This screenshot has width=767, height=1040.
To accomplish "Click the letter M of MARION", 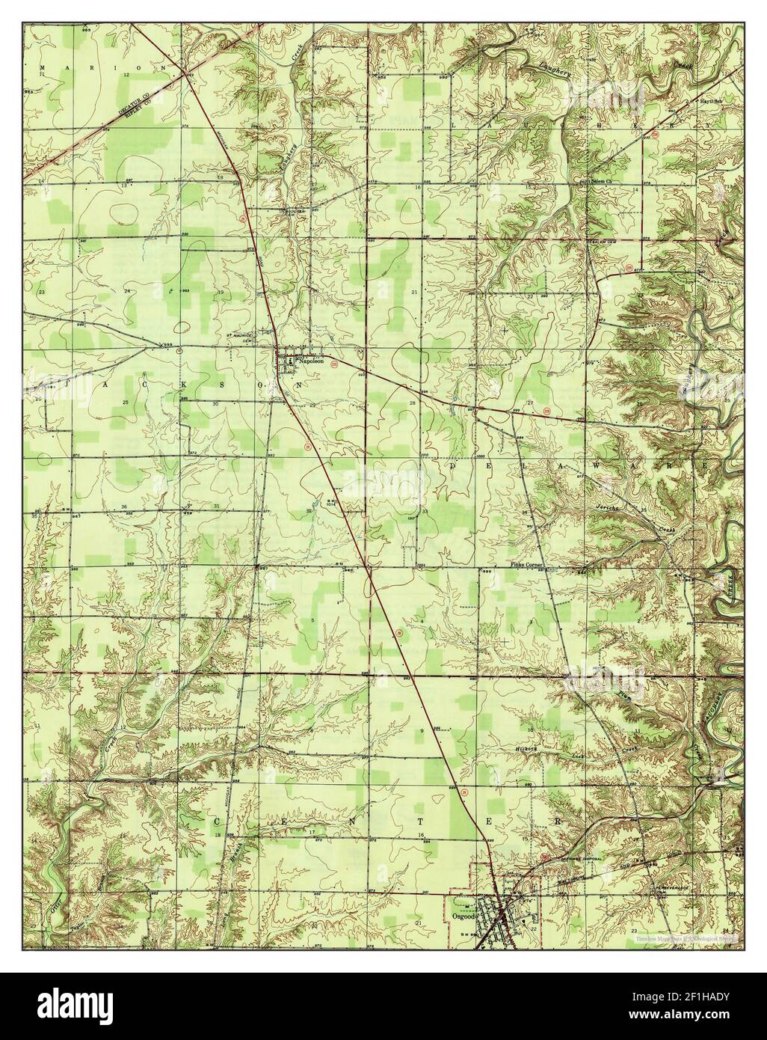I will [43, 67].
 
